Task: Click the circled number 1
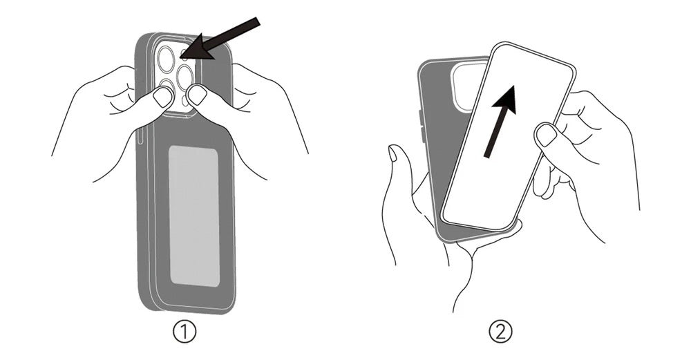(184, 332)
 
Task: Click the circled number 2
(501, 332)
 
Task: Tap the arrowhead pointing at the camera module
(196, 48)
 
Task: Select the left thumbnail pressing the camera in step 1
(162, 97)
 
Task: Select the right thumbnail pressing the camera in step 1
(196, 95)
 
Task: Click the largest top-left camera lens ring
(167, 59)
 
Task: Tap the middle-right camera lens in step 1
(185, 77)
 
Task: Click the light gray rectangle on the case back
(194, 216)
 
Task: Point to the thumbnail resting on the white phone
(547, 134)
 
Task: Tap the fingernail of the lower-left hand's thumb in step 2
(392, 153)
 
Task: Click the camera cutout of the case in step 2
(468, 86)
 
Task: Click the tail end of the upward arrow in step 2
(488, 155)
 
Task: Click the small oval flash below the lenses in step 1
(184, 101)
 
